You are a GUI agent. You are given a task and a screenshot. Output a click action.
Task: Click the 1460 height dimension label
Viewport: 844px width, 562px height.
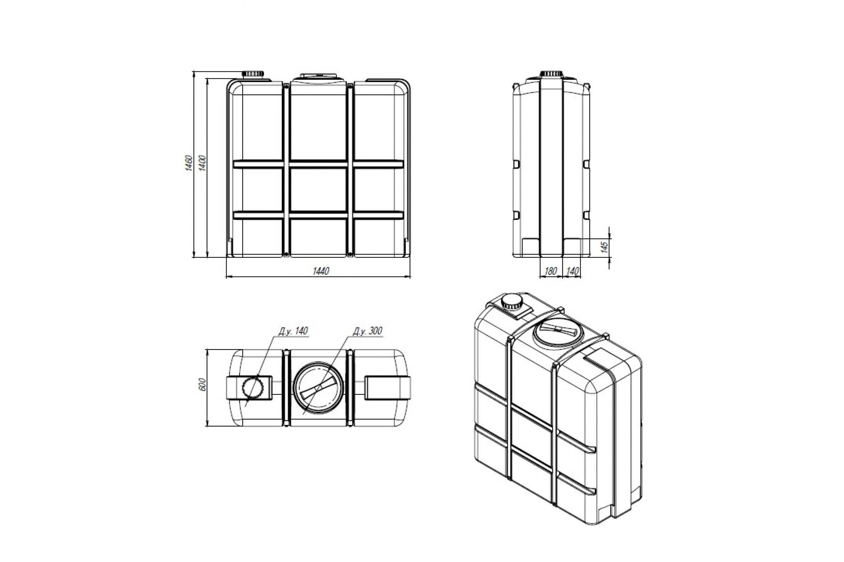coord(189,163)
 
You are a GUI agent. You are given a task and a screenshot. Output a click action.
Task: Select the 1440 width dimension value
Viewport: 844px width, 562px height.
coord(320,271)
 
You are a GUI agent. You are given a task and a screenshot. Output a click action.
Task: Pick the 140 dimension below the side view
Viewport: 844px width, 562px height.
coord(573,271)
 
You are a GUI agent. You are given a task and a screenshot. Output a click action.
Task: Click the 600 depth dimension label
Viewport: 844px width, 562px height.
coord(203,384)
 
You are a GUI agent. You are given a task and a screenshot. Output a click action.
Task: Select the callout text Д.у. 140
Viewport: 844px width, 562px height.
coord(293,331)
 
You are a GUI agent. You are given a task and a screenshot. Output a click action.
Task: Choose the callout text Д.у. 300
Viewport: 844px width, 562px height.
coord(367,332)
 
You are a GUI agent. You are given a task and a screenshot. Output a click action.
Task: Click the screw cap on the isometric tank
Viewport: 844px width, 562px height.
coord(512,302)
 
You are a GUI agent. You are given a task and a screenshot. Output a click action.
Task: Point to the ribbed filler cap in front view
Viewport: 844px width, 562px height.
coord(253,73)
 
